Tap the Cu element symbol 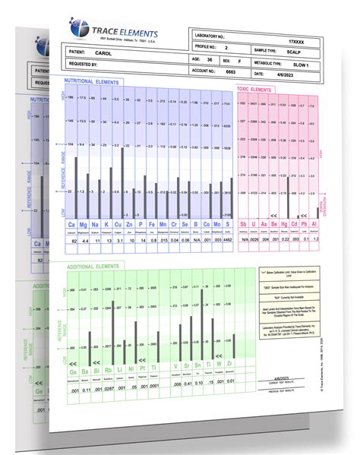pyautogui.click(x=121, y=225)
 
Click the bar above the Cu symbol pyautogui.click(x=122, y=183)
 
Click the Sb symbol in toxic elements pyautogui.click(x=244, y=225)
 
